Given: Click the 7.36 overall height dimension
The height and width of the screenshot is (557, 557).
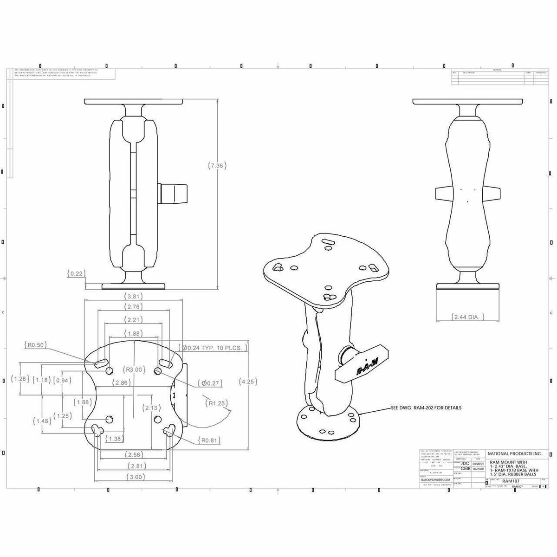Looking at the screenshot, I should coord(219,166).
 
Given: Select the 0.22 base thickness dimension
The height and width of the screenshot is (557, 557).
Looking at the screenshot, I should coord(75,274).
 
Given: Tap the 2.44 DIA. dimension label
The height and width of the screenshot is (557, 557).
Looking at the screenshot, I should coord(468,317).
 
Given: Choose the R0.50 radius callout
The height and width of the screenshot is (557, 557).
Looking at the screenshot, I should coord(35,345).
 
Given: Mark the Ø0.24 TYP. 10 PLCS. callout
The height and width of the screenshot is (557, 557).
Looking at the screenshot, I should coord(213,348).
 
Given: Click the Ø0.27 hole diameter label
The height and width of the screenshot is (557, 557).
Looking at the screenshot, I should coord(209,383).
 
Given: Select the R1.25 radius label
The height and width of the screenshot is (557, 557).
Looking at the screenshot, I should coord(217,403).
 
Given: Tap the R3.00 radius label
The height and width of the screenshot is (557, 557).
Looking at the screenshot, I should coord(133,370).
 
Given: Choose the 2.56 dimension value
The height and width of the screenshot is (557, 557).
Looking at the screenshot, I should coord(134,454).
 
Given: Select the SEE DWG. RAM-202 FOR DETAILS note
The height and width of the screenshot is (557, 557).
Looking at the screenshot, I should coord(426,408).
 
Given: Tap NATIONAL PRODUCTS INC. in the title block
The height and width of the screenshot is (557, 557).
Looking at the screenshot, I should coord(511,453).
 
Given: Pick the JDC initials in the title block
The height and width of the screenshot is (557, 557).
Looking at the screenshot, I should coord(465,463).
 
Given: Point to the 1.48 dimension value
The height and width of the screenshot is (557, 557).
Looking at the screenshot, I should coord(42,421).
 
